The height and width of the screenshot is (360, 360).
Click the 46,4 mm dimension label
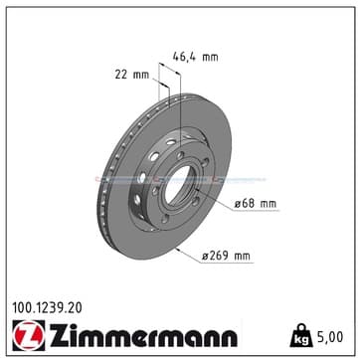coord(196,58)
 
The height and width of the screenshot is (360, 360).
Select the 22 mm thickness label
coord(132,75)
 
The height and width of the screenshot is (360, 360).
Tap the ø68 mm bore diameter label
coord(256,204)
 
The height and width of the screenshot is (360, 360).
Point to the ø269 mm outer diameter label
coord(226,256)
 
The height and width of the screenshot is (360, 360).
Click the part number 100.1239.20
coord(47,308)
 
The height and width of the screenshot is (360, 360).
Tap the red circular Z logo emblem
coord(29,335)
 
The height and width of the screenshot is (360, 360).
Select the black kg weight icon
coord(301,335)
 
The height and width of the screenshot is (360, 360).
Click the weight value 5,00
coord(330,337)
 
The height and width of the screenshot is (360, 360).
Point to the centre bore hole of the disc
coord(177,184)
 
